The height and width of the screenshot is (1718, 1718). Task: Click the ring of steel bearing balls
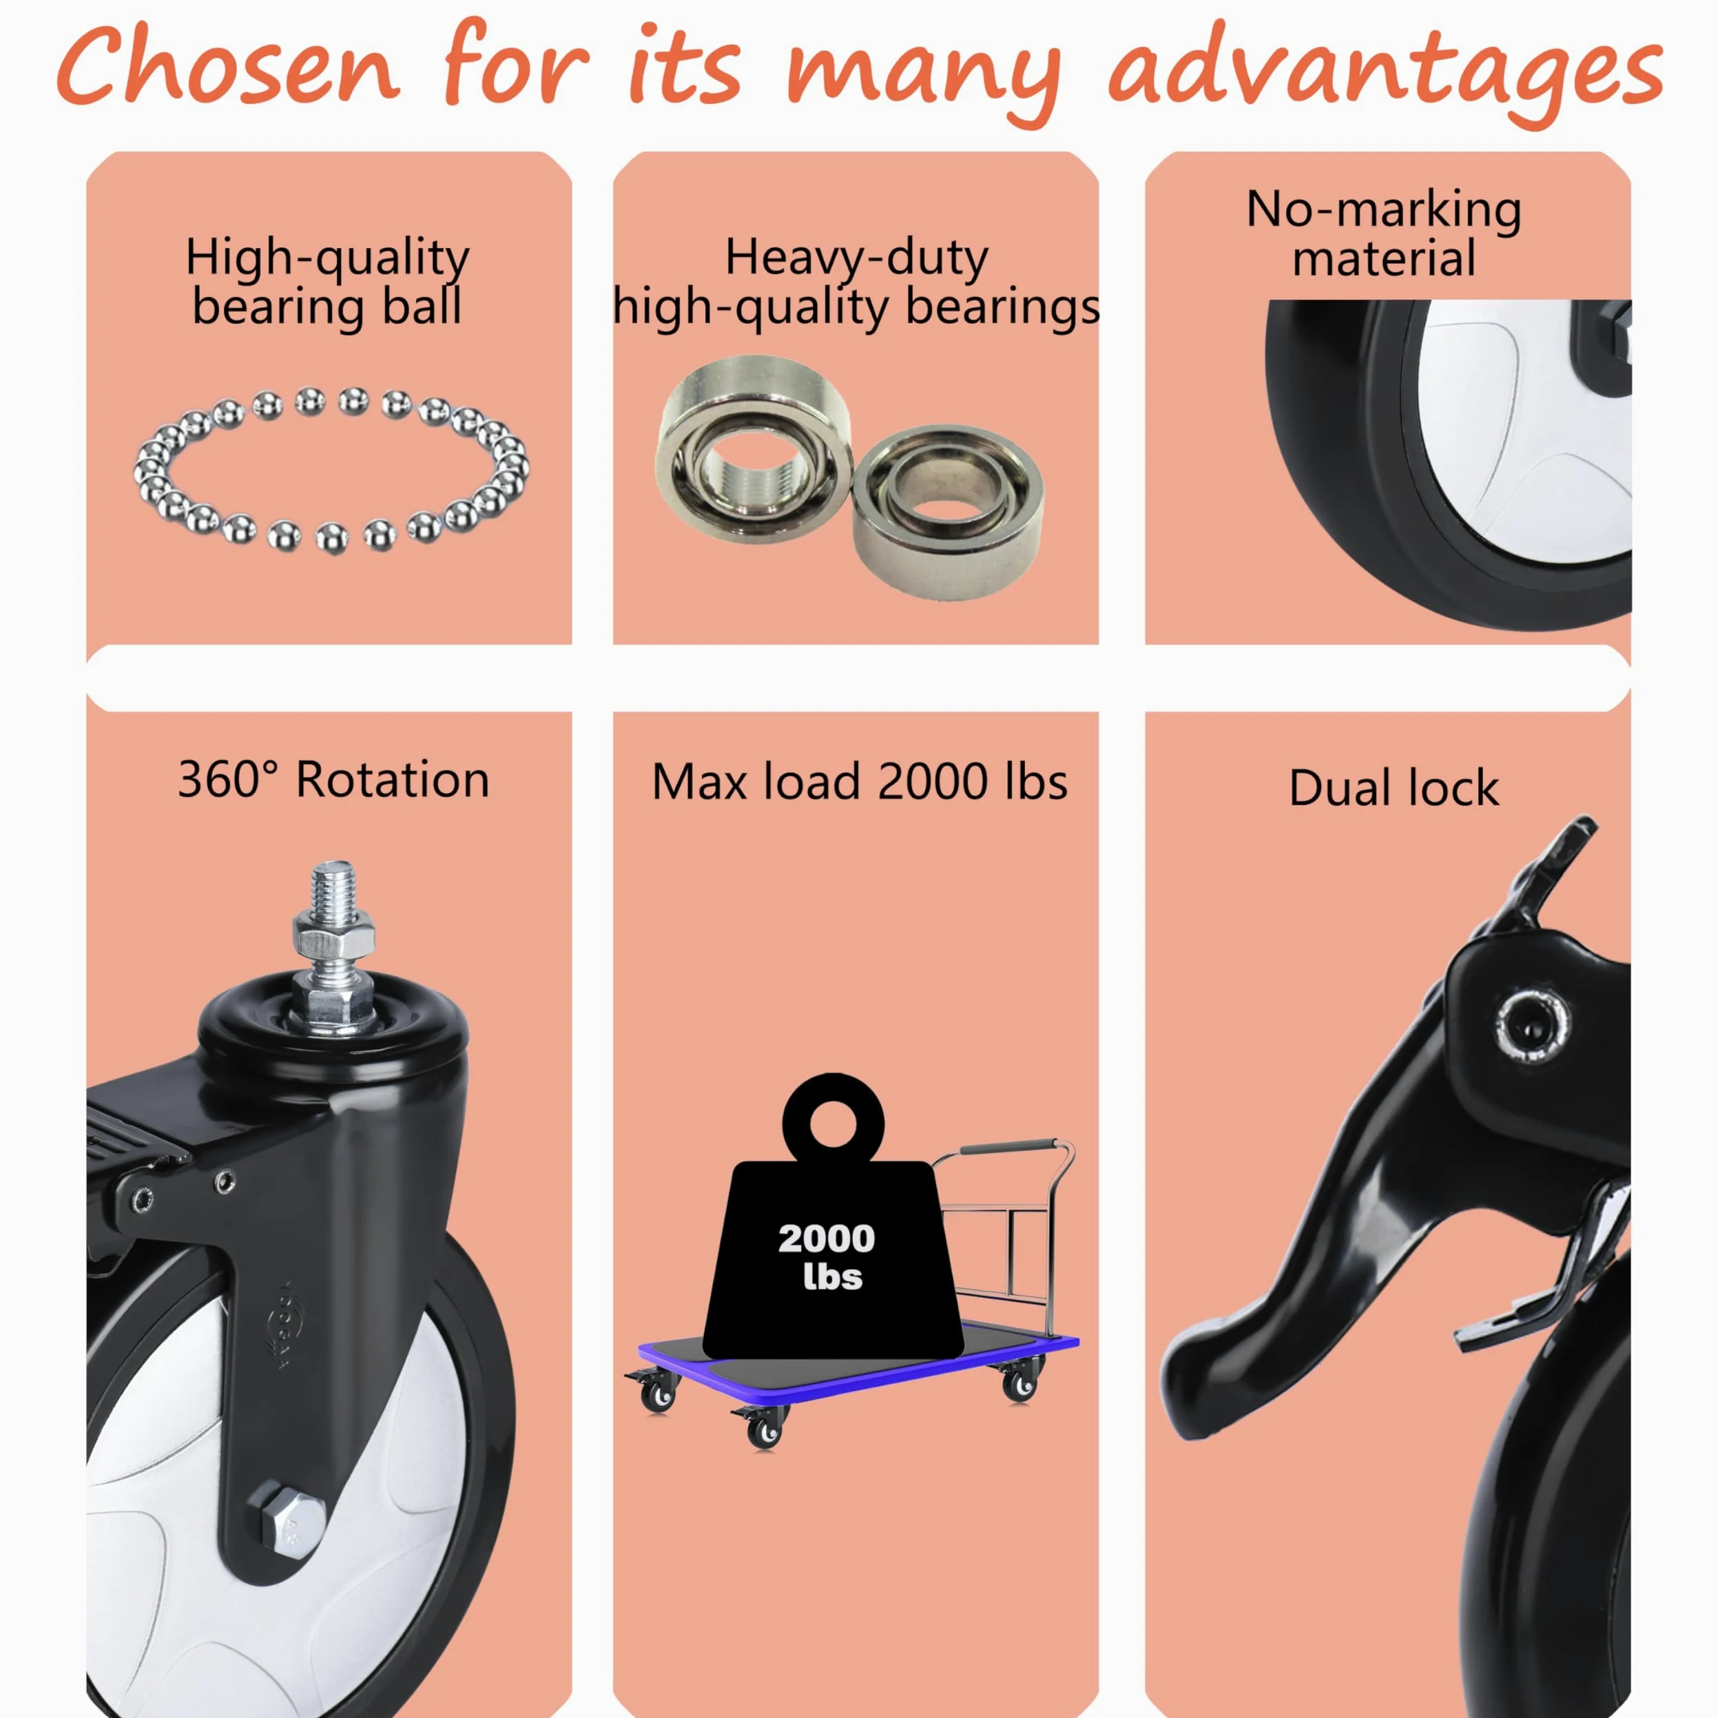coord(331,470)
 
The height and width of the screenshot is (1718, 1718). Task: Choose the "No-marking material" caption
coord(1384,234)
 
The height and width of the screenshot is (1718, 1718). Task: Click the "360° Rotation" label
coord(333,780)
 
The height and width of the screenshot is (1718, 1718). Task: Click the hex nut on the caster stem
coord(333,938)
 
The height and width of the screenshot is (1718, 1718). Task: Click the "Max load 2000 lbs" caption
coord(859,783)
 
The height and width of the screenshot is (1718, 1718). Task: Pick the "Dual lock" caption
coord(1394,788)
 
